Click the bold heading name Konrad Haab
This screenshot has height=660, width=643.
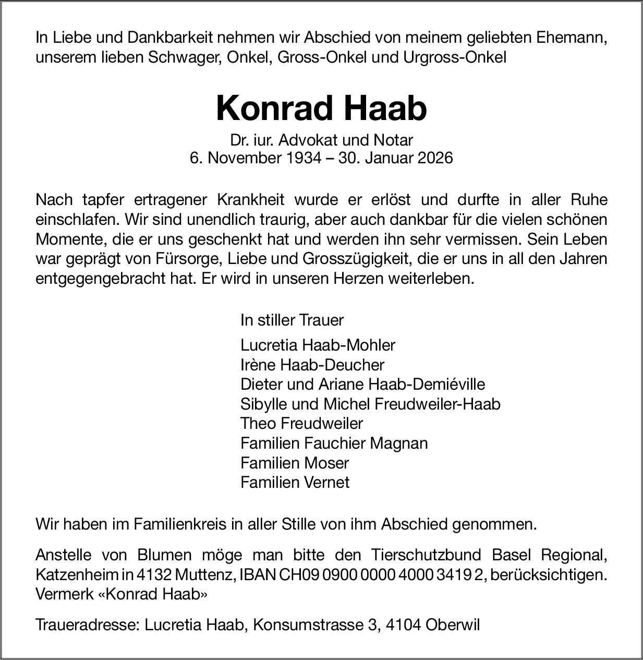pos(321,109)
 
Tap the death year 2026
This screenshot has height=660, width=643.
pos(435,158)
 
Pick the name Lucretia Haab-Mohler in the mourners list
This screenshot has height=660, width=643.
pos(318,345)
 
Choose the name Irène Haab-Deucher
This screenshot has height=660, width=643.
pos(312,365)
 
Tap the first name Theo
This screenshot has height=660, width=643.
pos(258,423)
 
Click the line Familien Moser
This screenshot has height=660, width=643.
pos(295,463)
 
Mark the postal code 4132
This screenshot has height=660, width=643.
pos(154,575)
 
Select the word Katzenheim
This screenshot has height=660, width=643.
pos(77,575)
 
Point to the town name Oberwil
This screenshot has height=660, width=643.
pos(452,625)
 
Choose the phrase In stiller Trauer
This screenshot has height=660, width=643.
pos(292,320)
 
